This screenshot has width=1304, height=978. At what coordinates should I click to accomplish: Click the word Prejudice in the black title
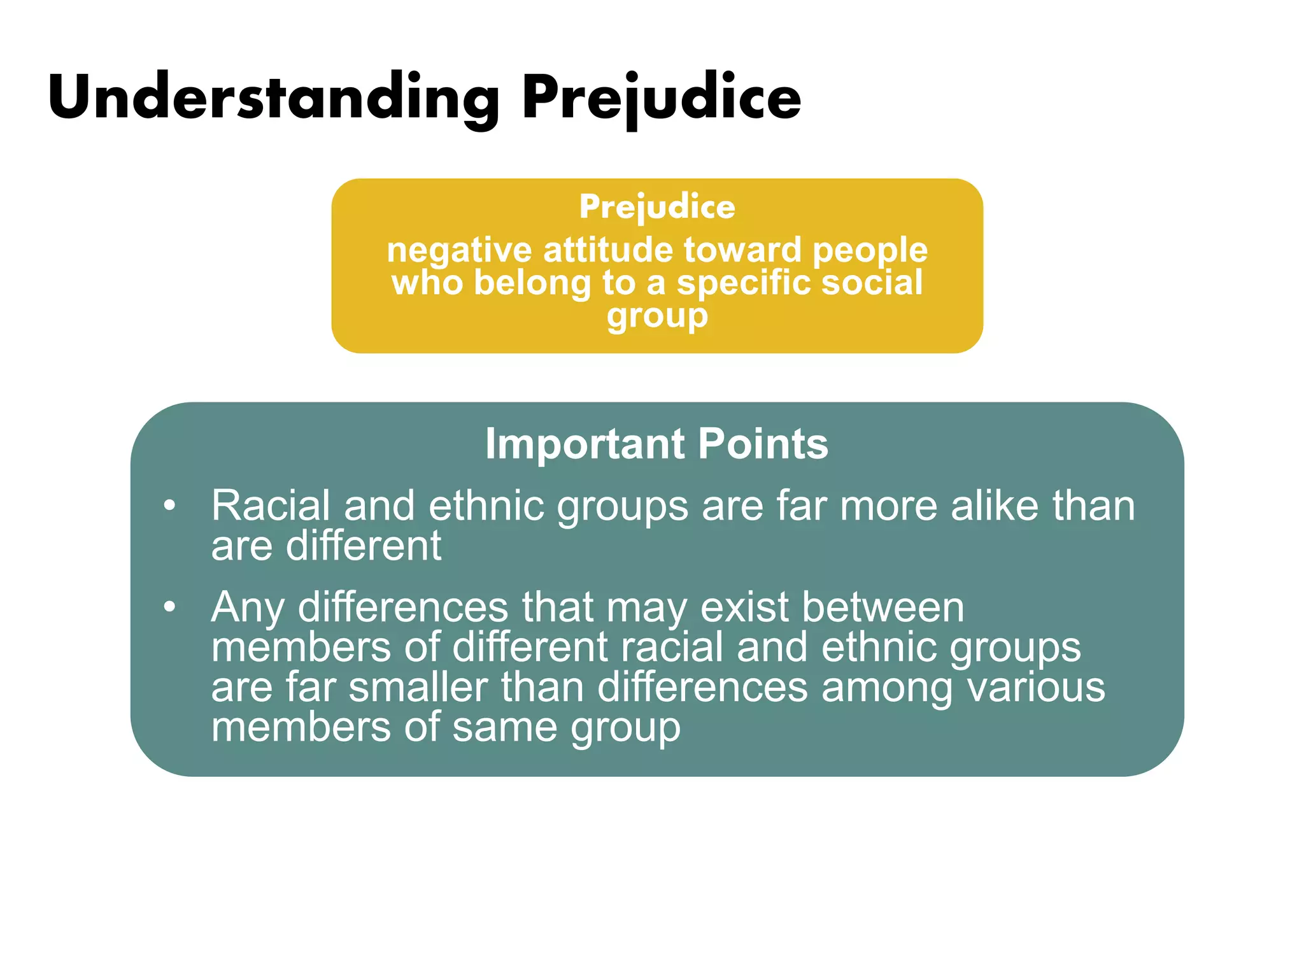[x=661, y=97]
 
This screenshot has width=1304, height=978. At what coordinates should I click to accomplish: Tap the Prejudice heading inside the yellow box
[x=657, y=207]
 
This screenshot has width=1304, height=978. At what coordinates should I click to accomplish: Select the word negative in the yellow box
[x=458, y=250]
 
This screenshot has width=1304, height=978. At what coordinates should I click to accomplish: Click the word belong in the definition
[x=532, y=283]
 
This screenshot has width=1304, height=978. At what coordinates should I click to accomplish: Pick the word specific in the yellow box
[x=743, y=283]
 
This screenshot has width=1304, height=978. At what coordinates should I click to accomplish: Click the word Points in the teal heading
[x=763, y=443]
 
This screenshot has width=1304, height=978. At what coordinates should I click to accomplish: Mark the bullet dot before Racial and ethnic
[x=169, y=506]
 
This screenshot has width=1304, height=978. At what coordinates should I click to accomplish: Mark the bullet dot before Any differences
[x=169, y=607]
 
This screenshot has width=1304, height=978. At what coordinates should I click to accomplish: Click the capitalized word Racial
[x=271, y=506]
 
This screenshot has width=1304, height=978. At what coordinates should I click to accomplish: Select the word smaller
[x=418, y=688]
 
